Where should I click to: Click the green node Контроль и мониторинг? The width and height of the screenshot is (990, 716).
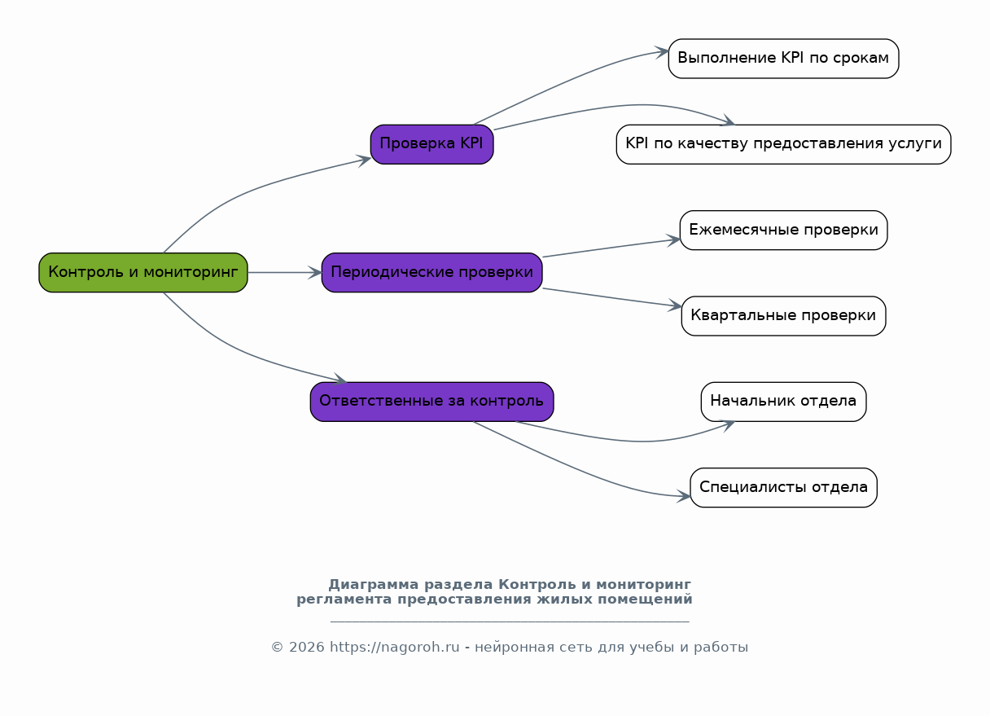[143, 272]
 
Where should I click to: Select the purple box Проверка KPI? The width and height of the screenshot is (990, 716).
[431, 144]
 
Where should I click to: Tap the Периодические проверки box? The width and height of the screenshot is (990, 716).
[431, 272]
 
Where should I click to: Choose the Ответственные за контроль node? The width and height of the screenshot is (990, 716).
[431, 402]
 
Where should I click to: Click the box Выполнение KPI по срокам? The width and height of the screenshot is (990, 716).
[783, 59]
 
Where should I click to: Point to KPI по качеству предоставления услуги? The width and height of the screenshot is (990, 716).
[783, 144]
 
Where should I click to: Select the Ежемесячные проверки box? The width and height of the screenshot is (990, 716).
[783, 230]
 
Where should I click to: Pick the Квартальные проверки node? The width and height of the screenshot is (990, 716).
[783, 316]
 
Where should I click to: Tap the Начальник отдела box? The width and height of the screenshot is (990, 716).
[783, 402]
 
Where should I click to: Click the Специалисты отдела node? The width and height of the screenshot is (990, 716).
[783, 487]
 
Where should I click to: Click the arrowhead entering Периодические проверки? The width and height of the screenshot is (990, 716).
[316, 272]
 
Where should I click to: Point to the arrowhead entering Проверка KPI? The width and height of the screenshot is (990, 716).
[364, 160]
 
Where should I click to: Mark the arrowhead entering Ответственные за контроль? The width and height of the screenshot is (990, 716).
[340, 379]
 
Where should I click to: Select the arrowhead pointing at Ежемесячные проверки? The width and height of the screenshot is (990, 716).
[673, 240]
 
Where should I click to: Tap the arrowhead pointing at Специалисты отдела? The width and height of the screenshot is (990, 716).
[684, 496]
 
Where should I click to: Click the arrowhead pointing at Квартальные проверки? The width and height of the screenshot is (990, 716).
[675, 305]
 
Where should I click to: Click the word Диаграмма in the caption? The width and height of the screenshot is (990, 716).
[374, 585]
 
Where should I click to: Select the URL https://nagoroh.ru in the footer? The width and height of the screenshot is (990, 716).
[395, 647]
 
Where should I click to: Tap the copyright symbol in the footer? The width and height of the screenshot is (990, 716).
[277, 648]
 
